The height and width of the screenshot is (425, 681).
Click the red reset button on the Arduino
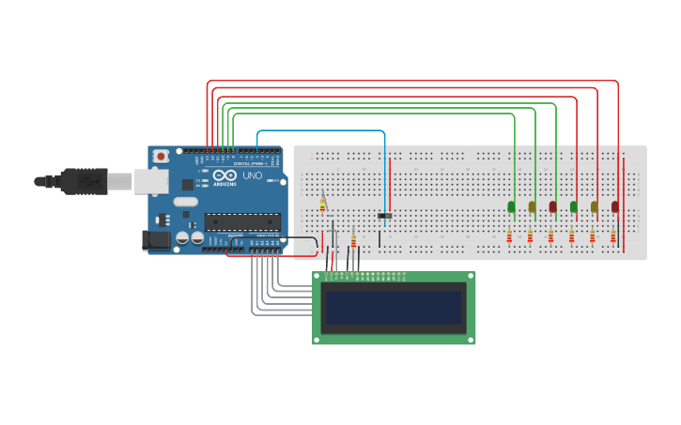point(161,156)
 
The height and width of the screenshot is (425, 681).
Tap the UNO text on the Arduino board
point(253,175)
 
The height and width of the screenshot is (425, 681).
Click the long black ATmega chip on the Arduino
point(241,222)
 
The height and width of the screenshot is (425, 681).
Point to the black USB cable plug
point(85,181)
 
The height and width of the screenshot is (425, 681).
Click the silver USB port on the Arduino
point(150,181)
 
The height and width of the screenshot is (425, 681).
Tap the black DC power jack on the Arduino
point(156,240)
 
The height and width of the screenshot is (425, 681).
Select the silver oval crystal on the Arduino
point(185,201)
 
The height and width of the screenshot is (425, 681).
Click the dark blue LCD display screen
point(394,307)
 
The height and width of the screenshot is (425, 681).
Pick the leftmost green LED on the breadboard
point(512,206)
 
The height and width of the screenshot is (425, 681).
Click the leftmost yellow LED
point(533,206)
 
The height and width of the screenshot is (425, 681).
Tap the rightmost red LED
point(615,206)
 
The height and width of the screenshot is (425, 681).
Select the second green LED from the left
point(574,206)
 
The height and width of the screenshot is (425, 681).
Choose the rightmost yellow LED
point(595,206)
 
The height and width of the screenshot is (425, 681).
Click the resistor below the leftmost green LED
point(509,236)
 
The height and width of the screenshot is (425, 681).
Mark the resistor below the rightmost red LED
point(612,236)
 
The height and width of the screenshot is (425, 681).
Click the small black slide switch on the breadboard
point(384,216)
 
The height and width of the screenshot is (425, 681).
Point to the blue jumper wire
point(319,131)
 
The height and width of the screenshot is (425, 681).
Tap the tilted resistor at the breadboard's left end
point(322,205)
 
